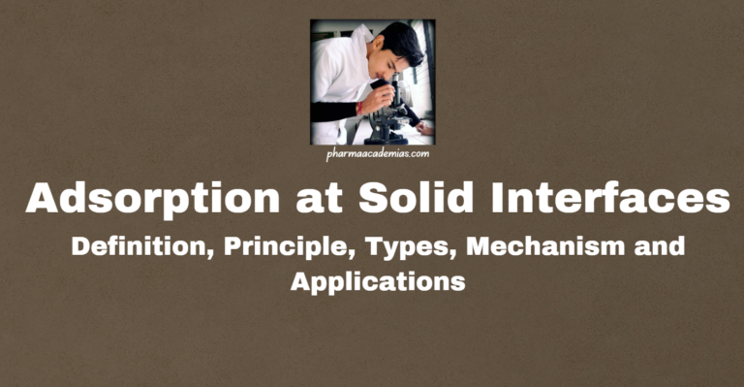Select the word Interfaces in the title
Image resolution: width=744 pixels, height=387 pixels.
point(616,200)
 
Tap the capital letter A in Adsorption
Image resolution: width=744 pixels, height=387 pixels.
point(45,200)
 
